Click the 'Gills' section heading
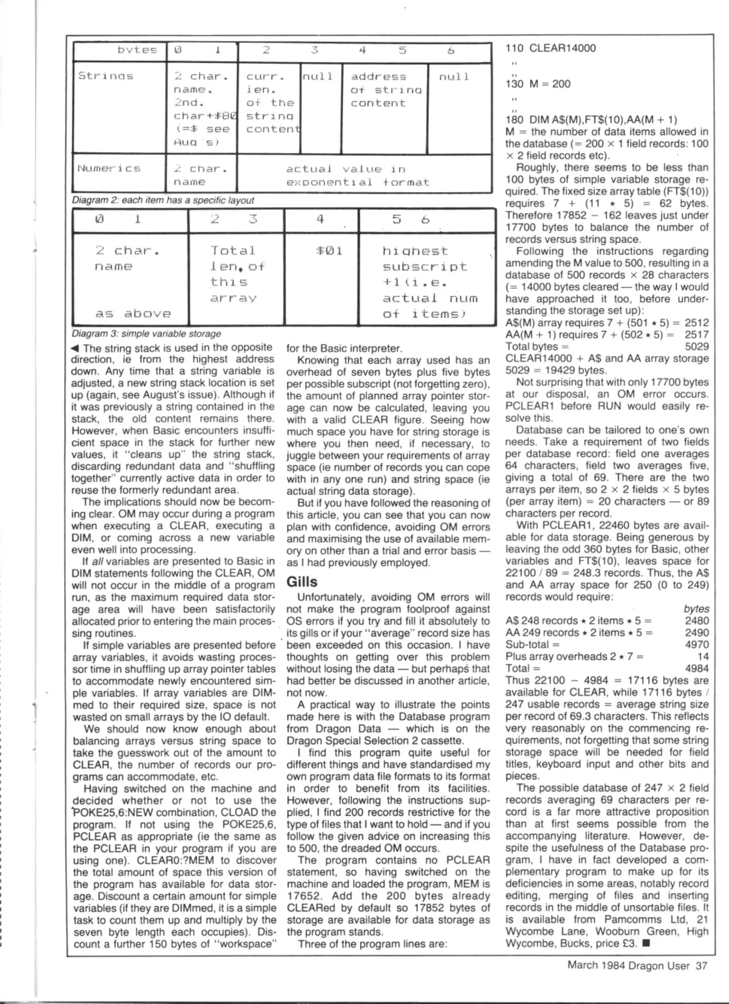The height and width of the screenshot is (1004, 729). pos(302,582)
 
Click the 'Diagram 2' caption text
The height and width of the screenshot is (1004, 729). pos(163,200)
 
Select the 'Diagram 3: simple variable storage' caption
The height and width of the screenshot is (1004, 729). pos(146,334)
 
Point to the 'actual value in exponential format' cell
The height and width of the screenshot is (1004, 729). pos(357,175)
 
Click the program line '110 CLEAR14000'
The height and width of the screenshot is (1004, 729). pos(550,48)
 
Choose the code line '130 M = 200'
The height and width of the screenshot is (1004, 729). pos(538,84)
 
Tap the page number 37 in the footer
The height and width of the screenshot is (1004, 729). pos(701,966)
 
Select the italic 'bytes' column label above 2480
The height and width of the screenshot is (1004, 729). pos(696,609)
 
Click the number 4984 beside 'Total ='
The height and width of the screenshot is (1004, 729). pos(696,668)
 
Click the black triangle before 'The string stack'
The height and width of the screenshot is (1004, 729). pos(75,348)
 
